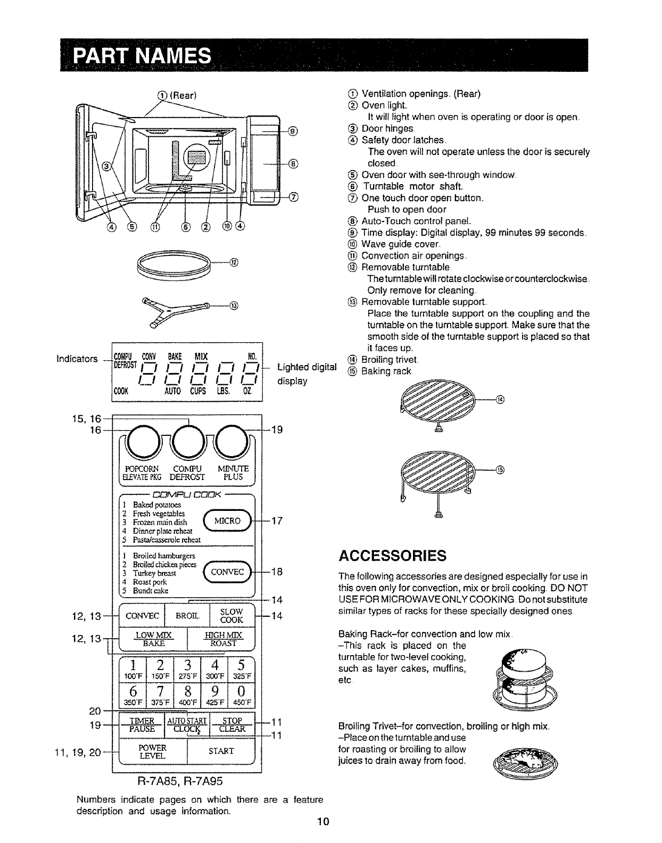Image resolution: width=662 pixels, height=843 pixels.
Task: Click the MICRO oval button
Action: pos(227,520)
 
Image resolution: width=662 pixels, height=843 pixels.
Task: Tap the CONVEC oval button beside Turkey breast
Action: pos(227,572)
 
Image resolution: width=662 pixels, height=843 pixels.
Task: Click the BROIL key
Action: pos(187,616)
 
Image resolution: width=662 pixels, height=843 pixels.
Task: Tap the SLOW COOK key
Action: pos(232,616)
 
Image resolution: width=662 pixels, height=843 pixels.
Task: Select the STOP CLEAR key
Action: pos(232,725)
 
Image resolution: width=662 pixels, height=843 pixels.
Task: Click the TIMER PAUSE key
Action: pos(142,725)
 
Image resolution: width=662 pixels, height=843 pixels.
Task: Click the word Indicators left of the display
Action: pos(77,359)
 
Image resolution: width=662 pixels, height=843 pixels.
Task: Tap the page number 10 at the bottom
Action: pos(324,822)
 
